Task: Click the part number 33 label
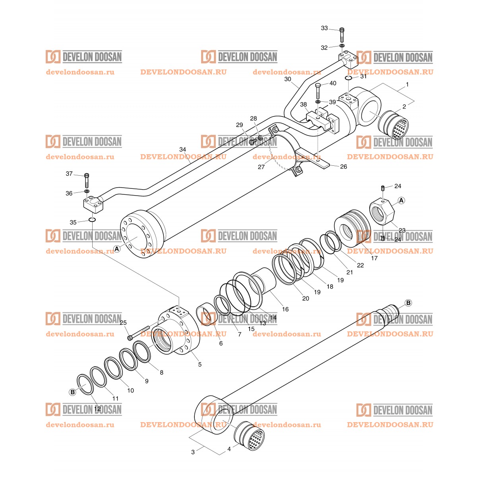point(324,28)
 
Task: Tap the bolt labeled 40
point(318,91)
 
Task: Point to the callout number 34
point(182,149)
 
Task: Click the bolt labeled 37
point(87,181)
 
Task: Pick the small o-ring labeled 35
point(92,220)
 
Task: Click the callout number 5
point(200,364)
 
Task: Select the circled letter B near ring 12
point(72,392)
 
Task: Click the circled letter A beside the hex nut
point(401,200)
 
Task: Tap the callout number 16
point(285,309)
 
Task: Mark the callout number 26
point(343,167)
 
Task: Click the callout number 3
point(193,452)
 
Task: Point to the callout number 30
point(288,79)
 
